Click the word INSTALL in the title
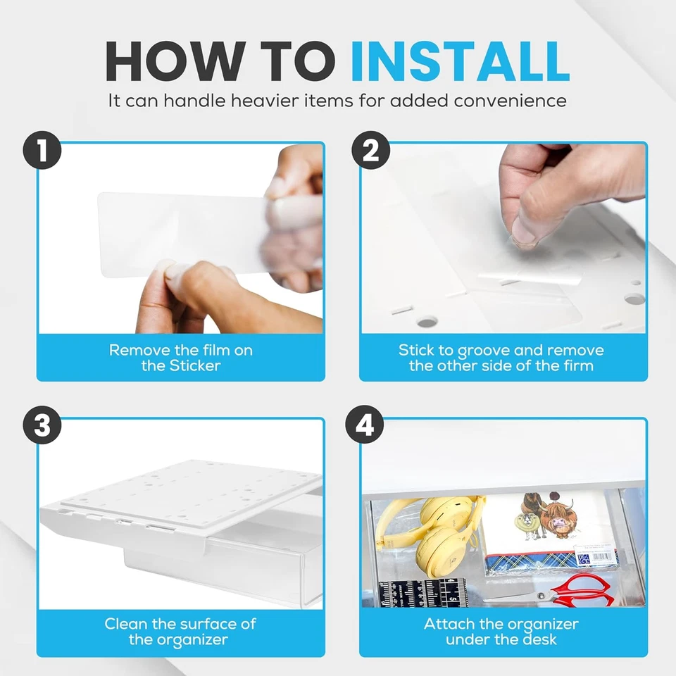coord(460,61)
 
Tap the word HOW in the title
coord(175,61)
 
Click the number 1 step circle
coord(42,150)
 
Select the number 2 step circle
coord(371,150)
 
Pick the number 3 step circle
coord(42,425)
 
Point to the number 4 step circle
coord(365,425)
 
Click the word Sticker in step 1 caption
coord(195,365)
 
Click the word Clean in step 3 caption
coord(126,624)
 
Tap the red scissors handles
coord(585,591)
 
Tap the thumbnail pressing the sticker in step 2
coord(524,235)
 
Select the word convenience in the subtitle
coord(510,101)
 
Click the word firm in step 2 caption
coord(579,365)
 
